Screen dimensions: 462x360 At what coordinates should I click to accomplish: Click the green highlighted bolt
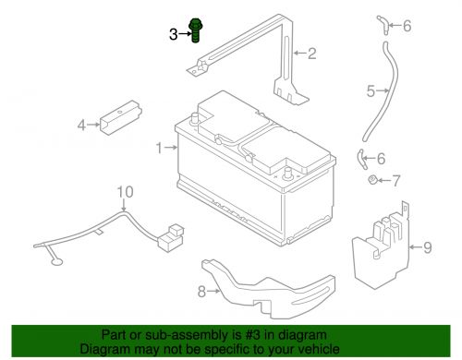pos(195,31)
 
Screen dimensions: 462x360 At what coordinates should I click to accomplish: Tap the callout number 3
pos(174,34)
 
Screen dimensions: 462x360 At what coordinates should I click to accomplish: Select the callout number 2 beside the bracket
pos(312,54)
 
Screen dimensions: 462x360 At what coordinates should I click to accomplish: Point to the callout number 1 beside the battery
pos(159,148)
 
